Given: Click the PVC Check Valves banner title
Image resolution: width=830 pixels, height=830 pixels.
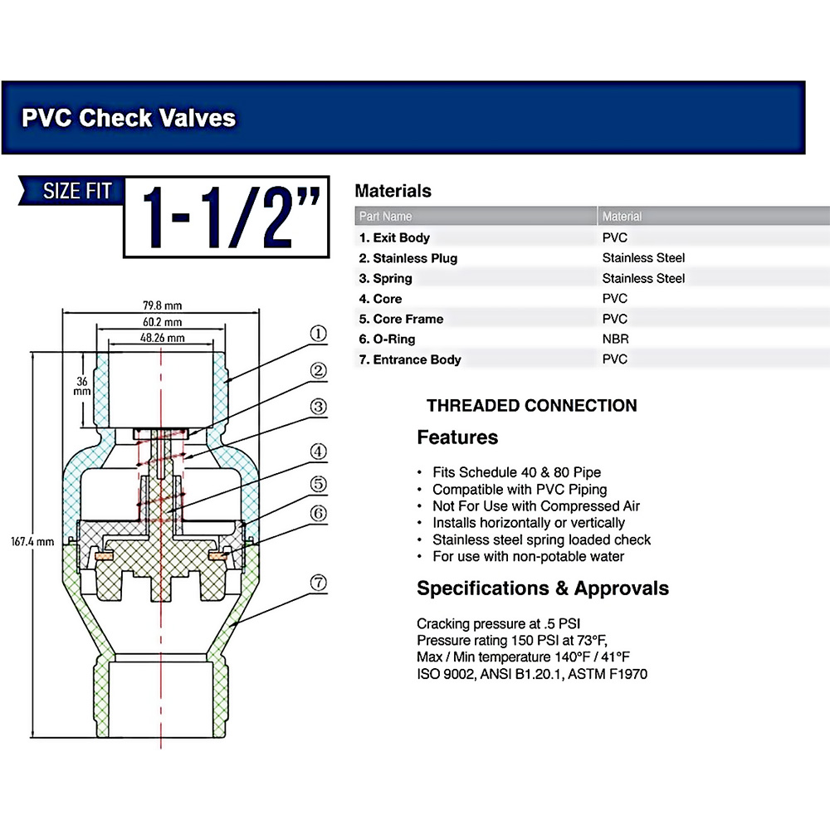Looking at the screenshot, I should [129, 117].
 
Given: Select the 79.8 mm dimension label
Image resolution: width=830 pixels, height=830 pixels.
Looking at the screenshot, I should [162, 304].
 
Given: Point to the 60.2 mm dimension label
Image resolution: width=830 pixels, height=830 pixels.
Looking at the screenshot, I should [162, 321].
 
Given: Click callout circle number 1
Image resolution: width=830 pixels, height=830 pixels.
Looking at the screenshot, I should [318, 334].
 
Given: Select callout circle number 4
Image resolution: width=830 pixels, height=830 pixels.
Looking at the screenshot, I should [318, 452].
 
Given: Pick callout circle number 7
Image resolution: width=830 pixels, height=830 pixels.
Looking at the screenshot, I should [318, 583].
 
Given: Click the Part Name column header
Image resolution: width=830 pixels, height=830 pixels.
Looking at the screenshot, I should [385, 217].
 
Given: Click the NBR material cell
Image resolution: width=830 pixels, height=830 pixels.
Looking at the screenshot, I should [615, 339].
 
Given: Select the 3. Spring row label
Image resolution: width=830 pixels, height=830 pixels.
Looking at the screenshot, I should [385, 278].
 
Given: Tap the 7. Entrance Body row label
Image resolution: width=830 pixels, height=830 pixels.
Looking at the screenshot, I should [409, 359].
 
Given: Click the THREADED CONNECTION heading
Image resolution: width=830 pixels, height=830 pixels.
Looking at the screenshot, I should [531, 406].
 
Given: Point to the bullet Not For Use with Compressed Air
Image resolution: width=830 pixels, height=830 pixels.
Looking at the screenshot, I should [535, 505].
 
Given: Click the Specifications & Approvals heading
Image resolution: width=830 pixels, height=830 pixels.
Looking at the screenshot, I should [542, 588].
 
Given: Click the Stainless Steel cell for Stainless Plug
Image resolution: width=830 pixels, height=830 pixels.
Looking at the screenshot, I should [643, 257].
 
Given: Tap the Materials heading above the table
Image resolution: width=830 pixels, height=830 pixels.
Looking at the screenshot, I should [393, 191].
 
